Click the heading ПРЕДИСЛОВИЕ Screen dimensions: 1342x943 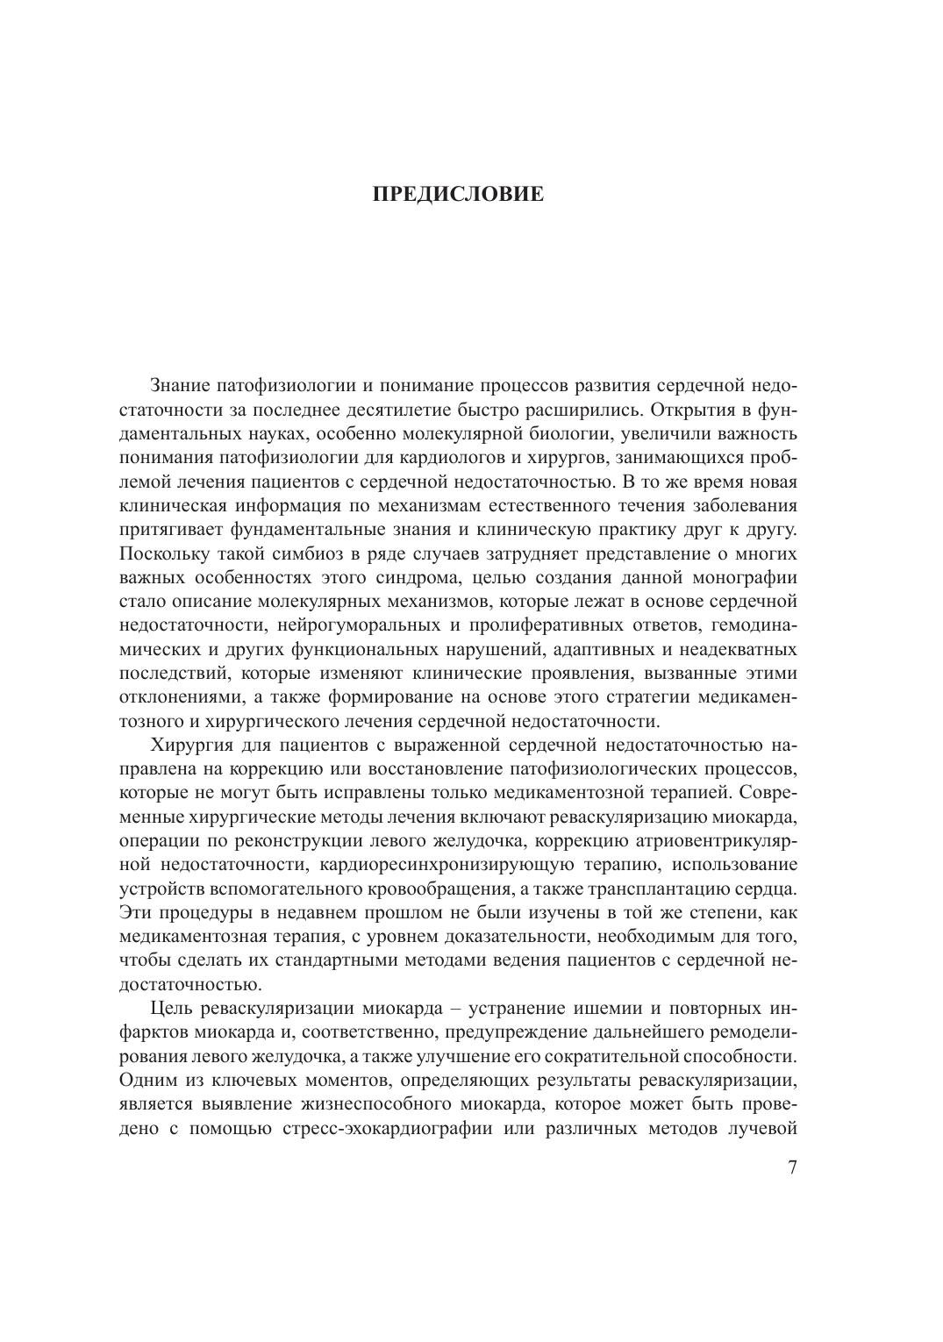point(458,194)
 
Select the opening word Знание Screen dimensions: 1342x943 point(180,385)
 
